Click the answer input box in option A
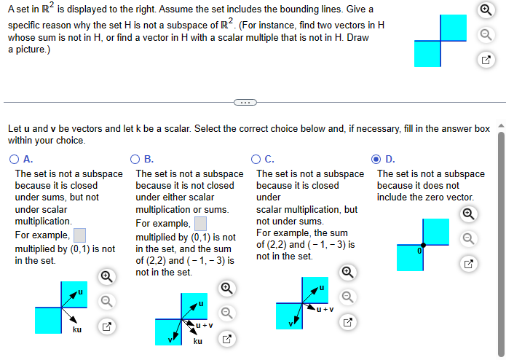[80, 235]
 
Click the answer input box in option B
[200, 222]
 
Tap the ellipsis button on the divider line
[244, 103]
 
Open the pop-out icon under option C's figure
[347, 321]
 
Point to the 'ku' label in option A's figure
[76, 330]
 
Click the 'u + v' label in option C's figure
[325, 308]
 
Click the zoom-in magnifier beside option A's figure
[106, 276]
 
